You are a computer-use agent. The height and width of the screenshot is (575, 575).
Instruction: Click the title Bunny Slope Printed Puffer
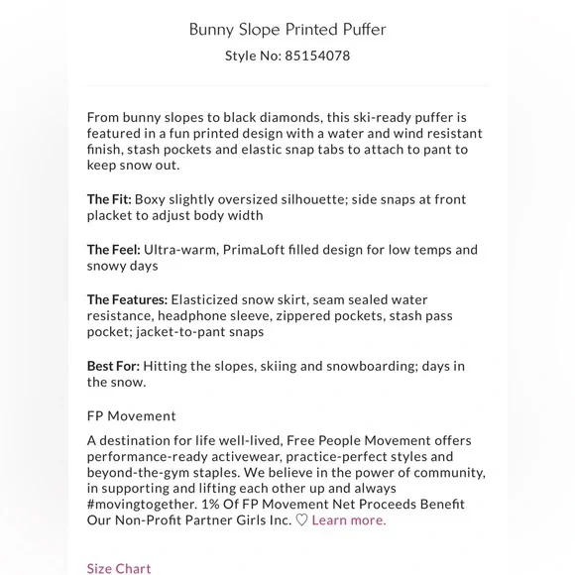coord(287,29)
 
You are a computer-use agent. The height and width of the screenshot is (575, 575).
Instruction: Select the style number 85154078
coord(317,56)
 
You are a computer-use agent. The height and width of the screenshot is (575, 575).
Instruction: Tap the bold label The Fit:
coord(109,199)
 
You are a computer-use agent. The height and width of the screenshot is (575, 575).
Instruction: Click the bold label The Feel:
coord(113,250)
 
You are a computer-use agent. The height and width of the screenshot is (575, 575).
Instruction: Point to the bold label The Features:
coord(127,299)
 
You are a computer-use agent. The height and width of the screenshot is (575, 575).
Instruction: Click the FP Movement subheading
coord(131,416)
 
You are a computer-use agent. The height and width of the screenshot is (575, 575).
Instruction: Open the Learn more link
coord(348,520)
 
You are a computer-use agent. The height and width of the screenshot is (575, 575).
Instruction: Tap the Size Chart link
coord(119,568)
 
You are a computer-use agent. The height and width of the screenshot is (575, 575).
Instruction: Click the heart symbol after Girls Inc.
coord(301,520)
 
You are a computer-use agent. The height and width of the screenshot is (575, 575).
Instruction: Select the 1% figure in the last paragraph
coord(220,505)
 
